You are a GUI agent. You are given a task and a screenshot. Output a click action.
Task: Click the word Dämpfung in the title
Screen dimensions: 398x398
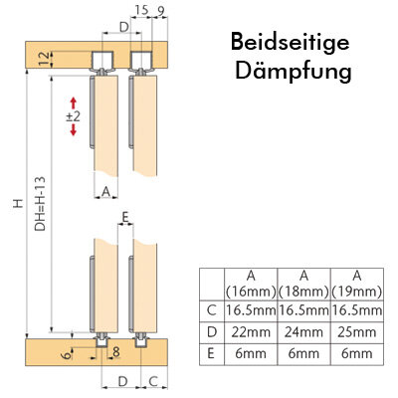point(294,71)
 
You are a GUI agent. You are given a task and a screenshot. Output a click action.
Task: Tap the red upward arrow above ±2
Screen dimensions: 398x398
point(74,103)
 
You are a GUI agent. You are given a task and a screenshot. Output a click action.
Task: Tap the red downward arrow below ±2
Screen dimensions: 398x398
point(74,129)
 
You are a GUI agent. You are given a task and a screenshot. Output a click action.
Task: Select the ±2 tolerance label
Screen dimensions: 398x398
point(74,116)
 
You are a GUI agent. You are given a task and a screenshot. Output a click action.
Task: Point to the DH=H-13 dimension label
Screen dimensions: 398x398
point(41,204)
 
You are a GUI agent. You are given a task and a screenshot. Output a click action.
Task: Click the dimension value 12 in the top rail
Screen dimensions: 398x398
point(46,59)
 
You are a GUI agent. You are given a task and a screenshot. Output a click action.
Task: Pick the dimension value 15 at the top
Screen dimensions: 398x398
point(141,10)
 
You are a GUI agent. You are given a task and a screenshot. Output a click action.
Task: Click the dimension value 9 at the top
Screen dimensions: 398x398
point(161,11)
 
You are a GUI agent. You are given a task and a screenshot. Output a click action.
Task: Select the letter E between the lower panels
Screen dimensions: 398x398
point(125,218)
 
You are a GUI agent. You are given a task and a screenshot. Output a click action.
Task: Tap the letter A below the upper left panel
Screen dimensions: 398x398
point(105,191)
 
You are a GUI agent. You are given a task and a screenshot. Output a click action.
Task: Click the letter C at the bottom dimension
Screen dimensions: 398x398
point(153,381)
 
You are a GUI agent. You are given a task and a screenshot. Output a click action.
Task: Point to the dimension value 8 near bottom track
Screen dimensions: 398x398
point(116,352)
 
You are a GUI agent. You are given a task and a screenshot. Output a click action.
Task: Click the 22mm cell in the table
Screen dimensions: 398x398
point(251,332)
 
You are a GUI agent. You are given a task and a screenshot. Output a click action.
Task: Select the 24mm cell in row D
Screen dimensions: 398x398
point(303,332)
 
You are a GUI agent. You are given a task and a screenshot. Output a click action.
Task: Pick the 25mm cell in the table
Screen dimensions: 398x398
point(357,332)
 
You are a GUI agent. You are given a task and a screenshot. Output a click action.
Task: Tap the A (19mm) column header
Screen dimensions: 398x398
point(357,284)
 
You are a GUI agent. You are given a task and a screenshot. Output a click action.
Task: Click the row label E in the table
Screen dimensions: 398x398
point(211,353)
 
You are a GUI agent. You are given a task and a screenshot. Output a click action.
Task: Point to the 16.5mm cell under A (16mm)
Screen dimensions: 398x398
point(251,310)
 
